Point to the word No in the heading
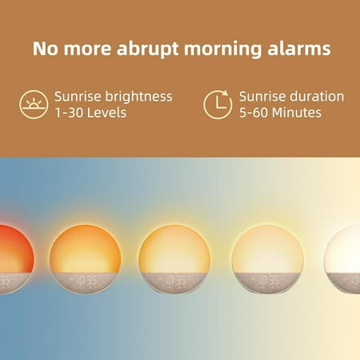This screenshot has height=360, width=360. click(44, 48)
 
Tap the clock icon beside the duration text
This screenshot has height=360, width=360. click(217, 104)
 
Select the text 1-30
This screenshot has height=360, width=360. click(69, 113)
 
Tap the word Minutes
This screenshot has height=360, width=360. click(295, 113)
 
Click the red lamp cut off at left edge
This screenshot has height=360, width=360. click(12, 248)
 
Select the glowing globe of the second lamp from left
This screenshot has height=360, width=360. click(85, 248)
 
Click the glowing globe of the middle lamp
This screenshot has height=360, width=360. click(174, 248)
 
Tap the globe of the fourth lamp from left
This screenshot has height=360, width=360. click(267, 248)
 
